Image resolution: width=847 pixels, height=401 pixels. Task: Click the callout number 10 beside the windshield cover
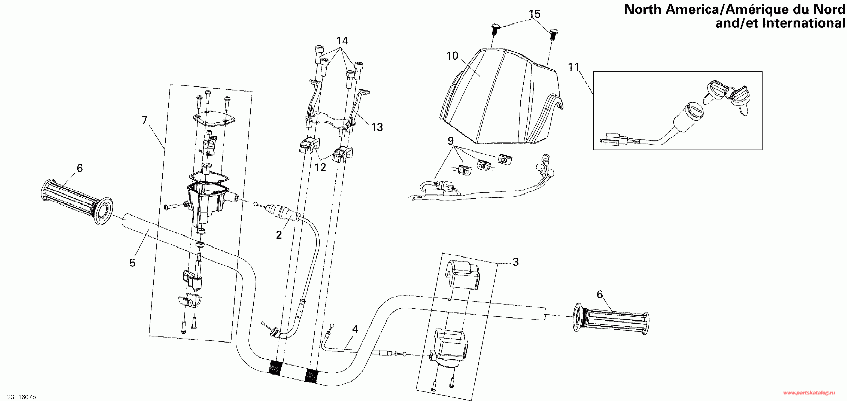pos(452,56)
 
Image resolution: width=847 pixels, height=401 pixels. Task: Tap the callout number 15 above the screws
pos(534,14)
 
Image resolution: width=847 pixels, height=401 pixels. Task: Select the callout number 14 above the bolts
pos(342,41)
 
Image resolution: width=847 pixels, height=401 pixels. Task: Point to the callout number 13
pos(377,127)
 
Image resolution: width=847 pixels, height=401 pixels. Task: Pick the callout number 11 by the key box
pos(573,67)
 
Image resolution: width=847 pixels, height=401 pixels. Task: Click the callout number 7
pos(144,120)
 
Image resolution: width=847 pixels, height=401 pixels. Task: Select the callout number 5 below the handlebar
pos(132,263)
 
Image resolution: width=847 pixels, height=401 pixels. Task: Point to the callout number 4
pos(355,329)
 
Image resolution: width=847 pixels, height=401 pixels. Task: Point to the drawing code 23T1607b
pos(21,397)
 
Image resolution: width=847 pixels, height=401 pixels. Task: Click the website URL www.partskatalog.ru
pos(809,393)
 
